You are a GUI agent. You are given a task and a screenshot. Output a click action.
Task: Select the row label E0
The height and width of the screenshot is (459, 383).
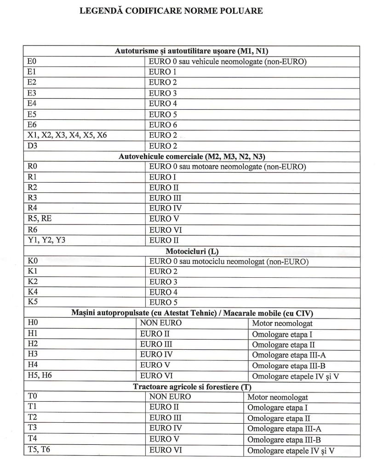32,62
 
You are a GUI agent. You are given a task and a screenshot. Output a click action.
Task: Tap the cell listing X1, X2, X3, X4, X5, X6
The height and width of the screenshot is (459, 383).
67,135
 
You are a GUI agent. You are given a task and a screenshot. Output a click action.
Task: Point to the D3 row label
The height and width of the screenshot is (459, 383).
33,146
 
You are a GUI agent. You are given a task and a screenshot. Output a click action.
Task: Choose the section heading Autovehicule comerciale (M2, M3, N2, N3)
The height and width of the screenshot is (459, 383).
192,157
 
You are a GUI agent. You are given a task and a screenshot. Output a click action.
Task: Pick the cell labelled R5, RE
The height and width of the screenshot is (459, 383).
40,219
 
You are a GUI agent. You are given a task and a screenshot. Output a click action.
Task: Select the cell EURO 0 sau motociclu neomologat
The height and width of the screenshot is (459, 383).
229,262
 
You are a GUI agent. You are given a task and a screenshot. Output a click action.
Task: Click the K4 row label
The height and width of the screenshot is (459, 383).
33,292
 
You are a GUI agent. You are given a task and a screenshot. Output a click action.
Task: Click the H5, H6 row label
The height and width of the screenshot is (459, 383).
40,375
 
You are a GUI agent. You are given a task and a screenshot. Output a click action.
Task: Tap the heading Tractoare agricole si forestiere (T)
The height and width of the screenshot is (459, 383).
192,387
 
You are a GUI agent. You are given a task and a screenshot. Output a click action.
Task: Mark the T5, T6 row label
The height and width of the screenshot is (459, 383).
39,449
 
